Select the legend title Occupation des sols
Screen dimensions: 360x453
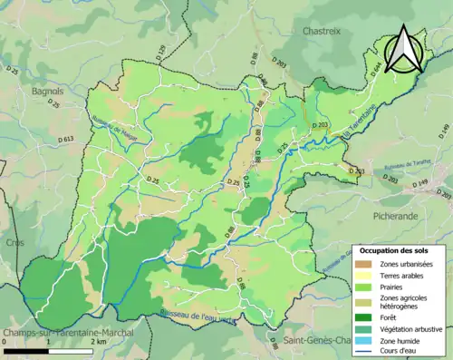(x=394, y=249)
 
